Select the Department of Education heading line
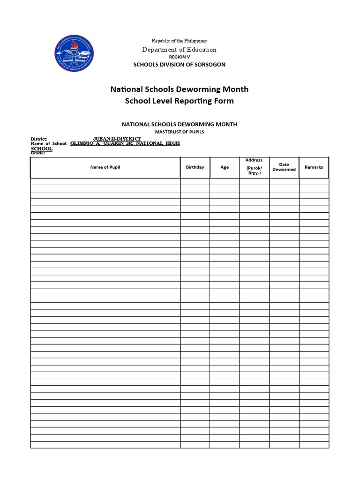coord(180,49)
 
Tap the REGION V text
coord(180,57)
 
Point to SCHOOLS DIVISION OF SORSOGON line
coord(180,64)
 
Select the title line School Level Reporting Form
coord(179,101)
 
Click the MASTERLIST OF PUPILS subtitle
coord(180,132)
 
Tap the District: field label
coord(39,139)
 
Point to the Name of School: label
coord(49,144)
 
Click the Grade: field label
coord(37,153)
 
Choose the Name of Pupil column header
coord(105,167)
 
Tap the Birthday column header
coord(195,167)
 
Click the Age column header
coord(225,167)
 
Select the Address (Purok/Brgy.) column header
coord(254,167)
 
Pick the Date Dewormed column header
coord(284,167)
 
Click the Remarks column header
coord(314,167)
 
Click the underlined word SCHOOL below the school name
coord(41,149)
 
